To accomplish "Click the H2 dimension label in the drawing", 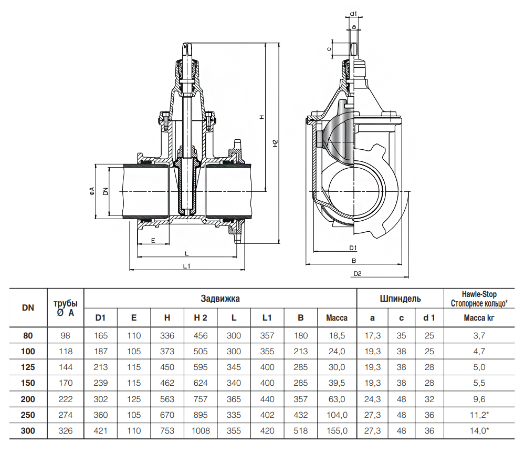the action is click(x=275, y=143).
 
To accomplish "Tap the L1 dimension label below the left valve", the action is click(x=186, y=266).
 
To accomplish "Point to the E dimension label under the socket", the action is click(x=153, y=240).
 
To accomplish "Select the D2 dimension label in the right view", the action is click(x=358, y=274).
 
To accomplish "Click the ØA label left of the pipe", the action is click(x=92, y=191).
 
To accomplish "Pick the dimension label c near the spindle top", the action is click(x=329, y=49).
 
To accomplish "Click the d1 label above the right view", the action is click(x=353, y=14).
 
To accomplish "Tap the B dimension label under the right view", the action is click(x=353, y=261).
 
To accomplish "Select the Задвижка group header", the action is click(x=220, y=299).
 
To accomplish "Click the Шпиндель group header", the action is click(x=400, y=299).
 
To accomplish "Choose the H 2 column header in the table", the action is click(x=201, y=318).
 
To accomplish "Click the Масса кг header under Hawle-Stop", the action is click(x=479, y=318).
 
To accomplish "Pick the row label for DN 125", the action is click(x=28, y=367).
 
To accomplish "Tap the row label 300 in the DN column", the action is click(x=28, y=430).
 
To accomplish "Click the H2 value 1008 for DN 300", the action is click(x=201, y=430).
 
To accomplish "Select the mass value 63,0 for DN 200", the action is click(x=337, y=399).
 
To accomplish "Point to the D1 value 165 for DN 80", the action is click(x=101, y=336).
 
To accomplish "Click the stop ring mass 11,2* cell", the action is click(x=479, y=415).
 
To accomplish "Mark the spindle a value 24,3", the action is click(x=372, y=399).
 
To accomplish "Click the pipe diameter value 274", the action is click(x=65, y=415).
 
